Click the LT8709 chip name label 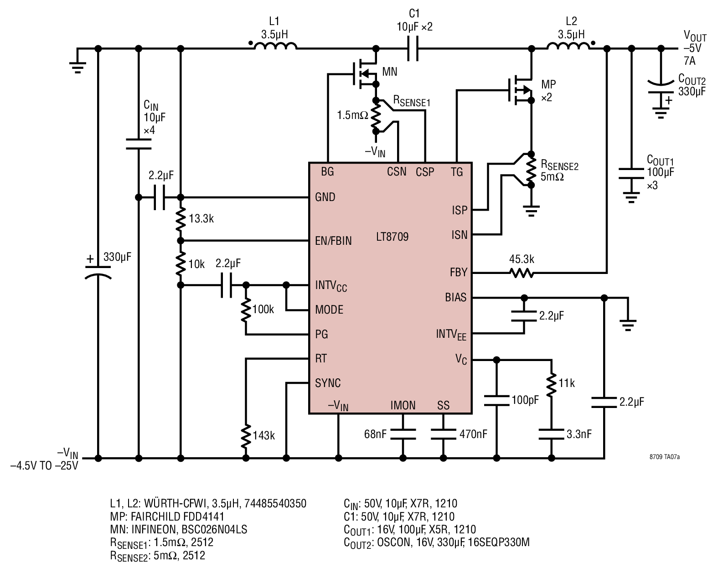click(392, 237)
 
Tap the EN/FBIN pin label click(333, 241)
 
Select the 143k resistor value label click(263, 435)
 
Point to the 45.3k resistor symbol click(522, 273)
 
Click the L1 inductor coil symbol click(275, 46)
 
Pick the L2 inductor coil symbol click(568, 46)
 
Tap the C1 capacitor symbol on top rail click(413, 49)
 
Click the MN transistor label click(389, 72)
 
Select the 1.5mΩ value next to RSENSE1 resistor click(352, 115)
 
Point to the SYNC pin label click(328, 383)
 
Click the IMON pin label click(403, 405)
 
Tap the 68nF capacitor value click(375, 434)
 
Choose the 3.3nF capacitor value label click(579, 434)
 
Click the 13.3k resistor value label click(201, 219)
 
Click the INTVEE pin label click(451, 335)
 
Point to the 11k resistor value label click(567, 383)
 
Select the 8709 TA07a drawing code click(664, 457)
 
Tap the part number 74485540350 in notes click(275, 503)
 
